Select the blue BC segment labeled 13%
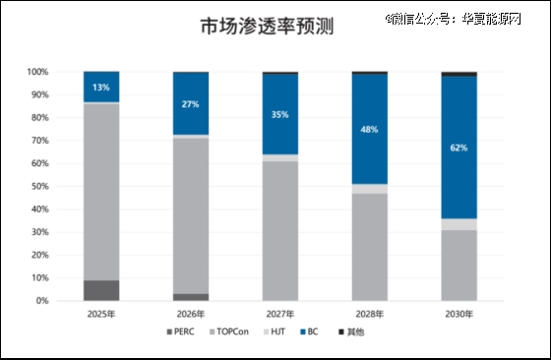point(101,87)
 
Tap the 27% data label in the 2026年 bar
point(191,103)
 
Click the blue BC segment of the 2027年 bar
point(280,114)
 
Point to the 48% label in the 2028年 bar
point(370,129)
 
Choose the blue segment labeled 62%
point(459,148)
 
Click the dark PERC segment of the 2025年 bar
point(101,290)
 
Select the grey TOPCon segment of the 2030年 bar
point(459,266)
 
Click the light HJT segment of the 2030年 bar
point(459,224)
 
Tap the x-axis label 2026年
point(191,314)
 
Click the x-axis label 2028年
point(370,314)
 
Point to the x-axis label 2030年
point(459,314)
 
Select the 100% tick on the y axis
point(38,72)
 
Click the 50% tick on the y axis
point(40,186)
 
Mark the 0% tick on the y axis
point(43,301)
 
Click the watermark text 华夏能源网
point(498,18)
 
